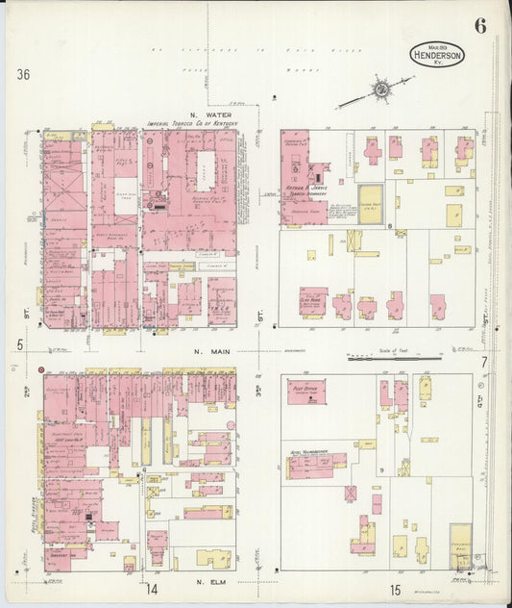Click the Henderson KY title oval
tap(437, 55)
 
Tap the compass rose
tap(381, 89)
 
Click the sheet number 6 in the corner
tap(479, 26)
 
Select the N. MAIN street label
tap(209, 352)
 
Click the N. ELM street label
tap(210, 583)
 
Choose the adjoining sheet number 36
tap(24, 74)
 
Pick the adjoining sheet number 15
tap(395, 589)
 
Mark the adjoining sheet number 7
tap(485, 362)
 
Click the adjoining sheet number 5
tap(19, 343)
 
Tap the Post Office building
tap(306, 391)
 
